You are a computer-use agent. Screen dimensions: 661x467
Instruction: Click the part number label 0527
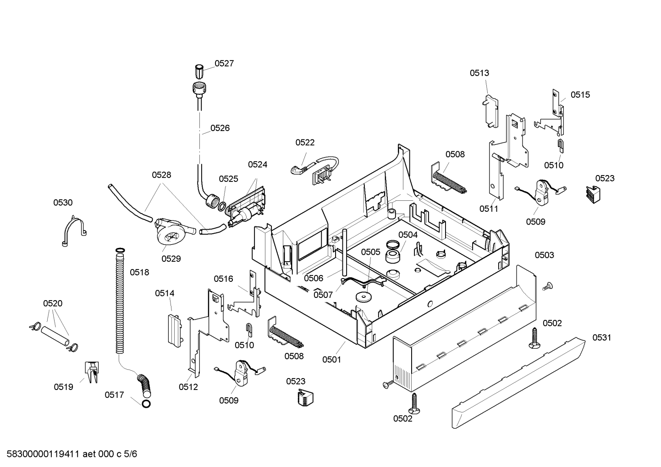click(224, 63)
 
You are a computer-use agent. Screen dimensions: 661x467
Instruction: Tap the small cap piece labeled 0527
click(199, 71)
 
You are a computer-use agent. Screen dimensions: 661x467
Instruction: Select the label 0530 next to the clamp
click(63, 203)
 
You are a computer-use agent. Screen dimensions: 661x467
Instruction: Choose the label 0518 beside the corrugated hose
click(139, 272)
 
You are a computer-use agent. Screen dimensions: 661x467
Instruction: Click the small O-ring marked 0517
click(146, 404)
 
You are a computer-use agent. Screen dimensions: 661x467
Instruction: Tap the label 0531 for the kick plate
click(602, 337)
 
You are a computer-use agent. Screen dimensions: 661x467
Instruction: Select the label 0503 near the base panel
click(545, 255)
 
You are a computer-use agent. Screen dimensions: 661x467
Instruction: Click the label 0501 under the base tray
click(331, 359)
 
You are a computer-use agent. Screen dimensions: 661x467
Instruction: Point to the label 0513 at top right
click(479, 73)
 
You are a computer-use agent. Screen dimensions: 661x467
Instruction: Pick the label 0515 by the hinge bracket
click(580, 95)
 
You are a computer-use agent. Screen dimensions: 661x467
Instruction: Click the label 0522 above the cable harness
click(305, 143)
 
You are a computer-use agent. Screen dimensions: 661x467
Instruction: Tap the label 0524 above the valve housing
click(257, 165)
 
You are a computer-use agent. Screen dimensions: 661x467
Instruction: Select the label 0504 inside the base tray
click(408, 235)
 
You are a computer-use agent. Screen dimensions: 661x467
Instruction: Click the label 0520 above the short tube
click(53, 303)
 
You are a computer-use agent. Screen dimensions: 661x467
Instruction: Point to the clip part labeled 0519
click(92, 372)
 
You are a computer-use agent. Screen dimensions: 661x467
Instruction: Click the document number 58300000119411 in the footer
click(43, 454)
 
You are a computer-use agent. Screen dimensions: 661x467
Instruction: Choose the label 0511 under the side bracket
click(489, 209)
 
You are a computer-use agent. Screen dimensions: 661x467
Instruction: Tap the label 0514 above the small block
click(165, 293)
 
